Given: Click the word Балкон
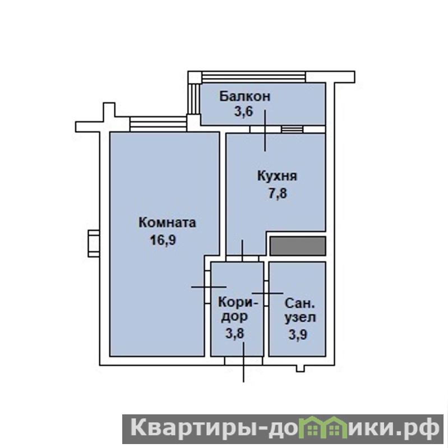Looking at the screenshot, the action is (244, 96).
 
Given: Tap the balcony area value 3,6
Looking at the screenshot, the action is (244, 111).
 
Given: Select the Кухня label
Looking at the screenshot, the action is (277, 176).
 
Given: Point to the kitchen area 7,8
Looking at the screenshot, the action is (277, 193).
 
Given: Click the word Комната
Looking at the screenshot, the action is (167, 223).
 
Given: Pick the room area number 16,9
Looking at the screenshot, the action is (163, 240).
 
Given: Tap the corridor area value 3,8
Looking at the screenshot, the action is (235, 333).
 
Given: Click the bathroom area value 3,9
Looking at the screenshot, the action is (298, 334).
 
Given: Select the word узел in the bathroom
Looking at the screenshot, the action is (300, 318).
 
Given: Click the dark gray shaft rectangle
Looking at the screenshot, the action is (298, 246).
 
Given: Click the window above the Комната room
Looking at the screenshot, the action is (158, 124).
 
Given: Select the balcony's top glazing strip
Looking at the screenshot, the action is (253, 77).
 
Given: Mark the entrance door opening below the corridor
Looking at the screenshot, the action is (243, 361).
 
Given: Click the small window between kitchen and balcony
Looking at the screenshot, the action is (292, 130).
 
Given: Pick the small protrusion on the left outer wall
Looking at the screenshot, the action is (94, 244).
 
